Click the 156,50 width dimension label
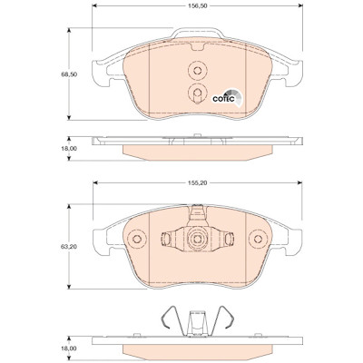pos(197,5)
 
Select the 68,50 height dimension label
pos(67,74)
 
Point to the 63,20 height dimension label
pos(67,247)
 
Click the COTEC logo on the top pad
pos(227,97)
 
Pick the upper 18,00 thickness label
pos(67,149)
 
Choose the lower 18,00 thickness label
pos(67,348)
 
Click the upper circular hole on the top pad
pos(197,71)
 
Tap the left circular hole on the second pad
pos(137,239)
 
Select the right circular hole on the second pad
pos(258,239)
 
